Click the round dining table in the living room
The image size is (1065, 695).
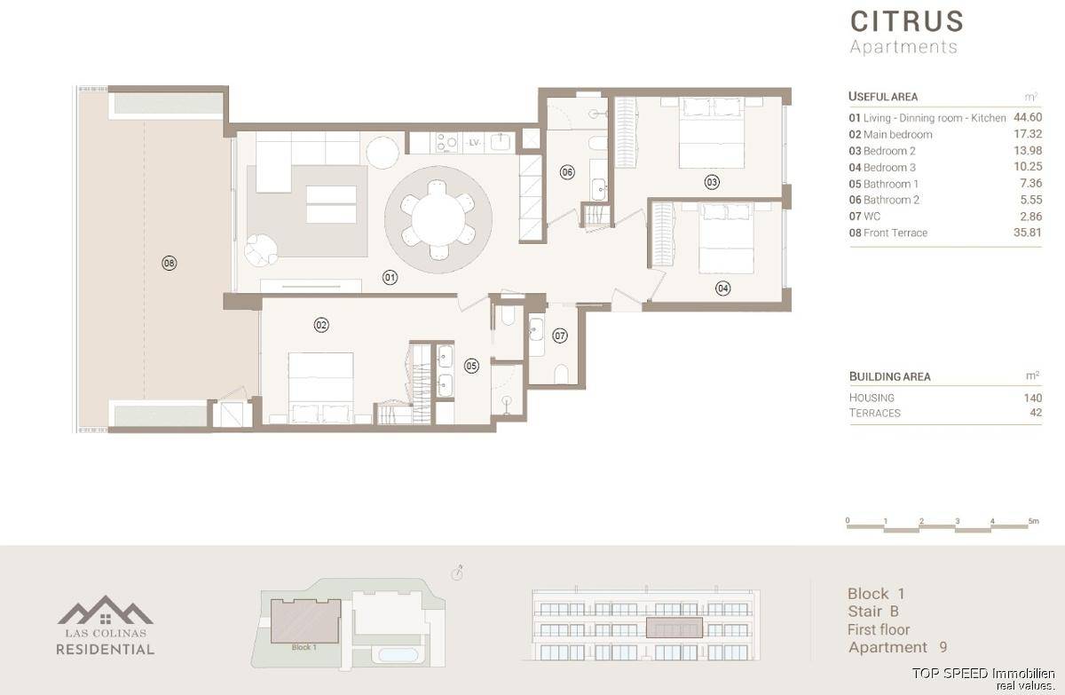pos(438,219)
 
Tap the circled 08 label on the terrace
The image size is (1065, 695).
pos(170,263)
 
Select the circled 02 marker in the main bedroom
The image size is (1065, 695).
pos(321,325)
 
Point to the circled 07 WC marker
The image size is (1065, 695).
pos(560,336)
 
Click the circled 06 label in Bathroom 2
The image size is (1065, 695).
pos(567,172)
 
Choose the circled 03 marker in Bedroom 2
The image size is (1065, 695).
pos(712,182)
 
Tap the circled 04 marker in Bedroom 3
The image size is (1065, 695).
pos(723,288)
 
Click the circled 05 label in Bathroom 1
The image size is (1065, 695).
pos(471,366)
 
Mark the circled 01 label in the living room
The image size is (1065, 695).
pos(390,278)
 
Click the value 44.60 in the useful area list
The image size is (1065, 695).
pos(1028,117)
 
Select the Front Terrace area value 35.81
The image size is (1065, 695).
pos(1028,233)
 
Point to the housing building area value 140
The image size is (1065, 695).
pos(1033,398)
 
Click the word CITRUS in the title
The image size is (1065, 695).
pos(907,22)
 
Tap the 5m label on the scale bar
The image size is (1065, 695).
pos(1034,521)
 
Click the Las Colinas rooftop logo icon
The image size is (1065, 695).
pos(105,610)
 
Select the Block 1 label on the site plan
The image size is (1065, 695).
pos(304,647)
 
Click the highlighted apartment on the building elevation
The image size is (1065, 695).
pos(674,628)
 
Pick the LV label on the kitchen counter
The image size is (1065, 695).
pos(474,143)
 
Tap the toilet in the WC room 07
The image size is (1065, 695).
pos(562,374)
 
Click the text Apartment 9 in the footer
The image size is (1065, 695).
pos(897,647)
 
